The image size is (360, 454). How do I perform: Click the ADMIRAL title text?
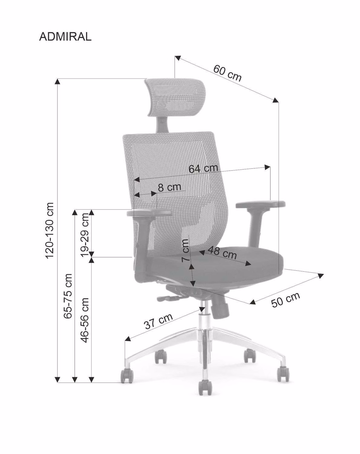pyautogui.click(x=65, y=37)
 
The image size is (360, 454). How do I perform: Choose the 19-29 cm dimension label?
pyautogui.click(x=85, y=235)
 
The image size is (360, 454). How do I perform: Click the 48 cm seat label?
pyautogui.click(x=222, y=253)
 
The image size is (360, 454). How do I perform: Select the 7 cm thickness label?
pyautogui.click(x=185, y=251)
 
